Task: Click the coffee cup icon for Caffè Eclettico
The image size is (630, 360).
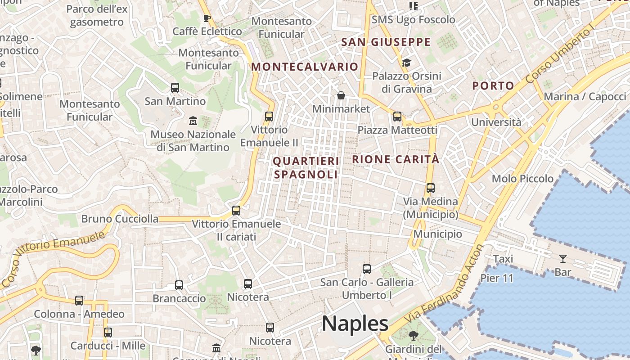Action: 207,18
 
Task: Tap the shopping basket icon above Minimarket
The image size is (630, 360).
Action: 341,95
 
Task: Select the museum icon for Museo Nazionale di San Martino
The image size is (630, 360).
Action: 193,121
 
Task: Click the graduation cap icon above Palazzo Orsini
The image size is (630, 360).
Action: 406,63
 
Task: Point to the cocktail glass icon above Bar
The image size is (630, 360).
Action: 562,259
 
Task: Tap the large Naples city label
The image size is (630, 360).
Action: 355,324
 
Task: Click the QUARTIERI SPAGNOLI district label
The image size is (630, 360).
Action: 306,167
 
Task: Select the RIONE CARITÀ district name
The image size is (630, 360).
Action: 396,159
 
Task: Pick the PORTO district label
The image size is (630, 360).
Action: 493,86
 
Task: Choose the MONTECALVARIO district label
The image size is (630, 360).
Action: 305,67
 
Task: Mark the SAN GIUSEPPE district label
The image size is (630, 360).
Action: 386,42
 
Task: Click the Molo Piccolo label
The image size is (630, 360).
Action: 522,179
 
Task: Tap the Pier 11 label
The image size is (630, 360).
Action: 497,278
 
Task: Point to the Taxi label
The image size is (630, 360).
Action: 503,259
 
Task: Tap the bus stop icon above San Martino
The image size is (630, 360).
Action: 175,88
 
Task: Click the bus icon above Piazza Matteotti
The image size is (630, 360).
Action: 397,117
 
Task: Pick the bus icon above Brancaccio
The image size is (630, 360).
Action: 179,285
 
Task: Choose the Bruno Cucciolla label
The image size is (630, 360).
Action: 120,219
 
